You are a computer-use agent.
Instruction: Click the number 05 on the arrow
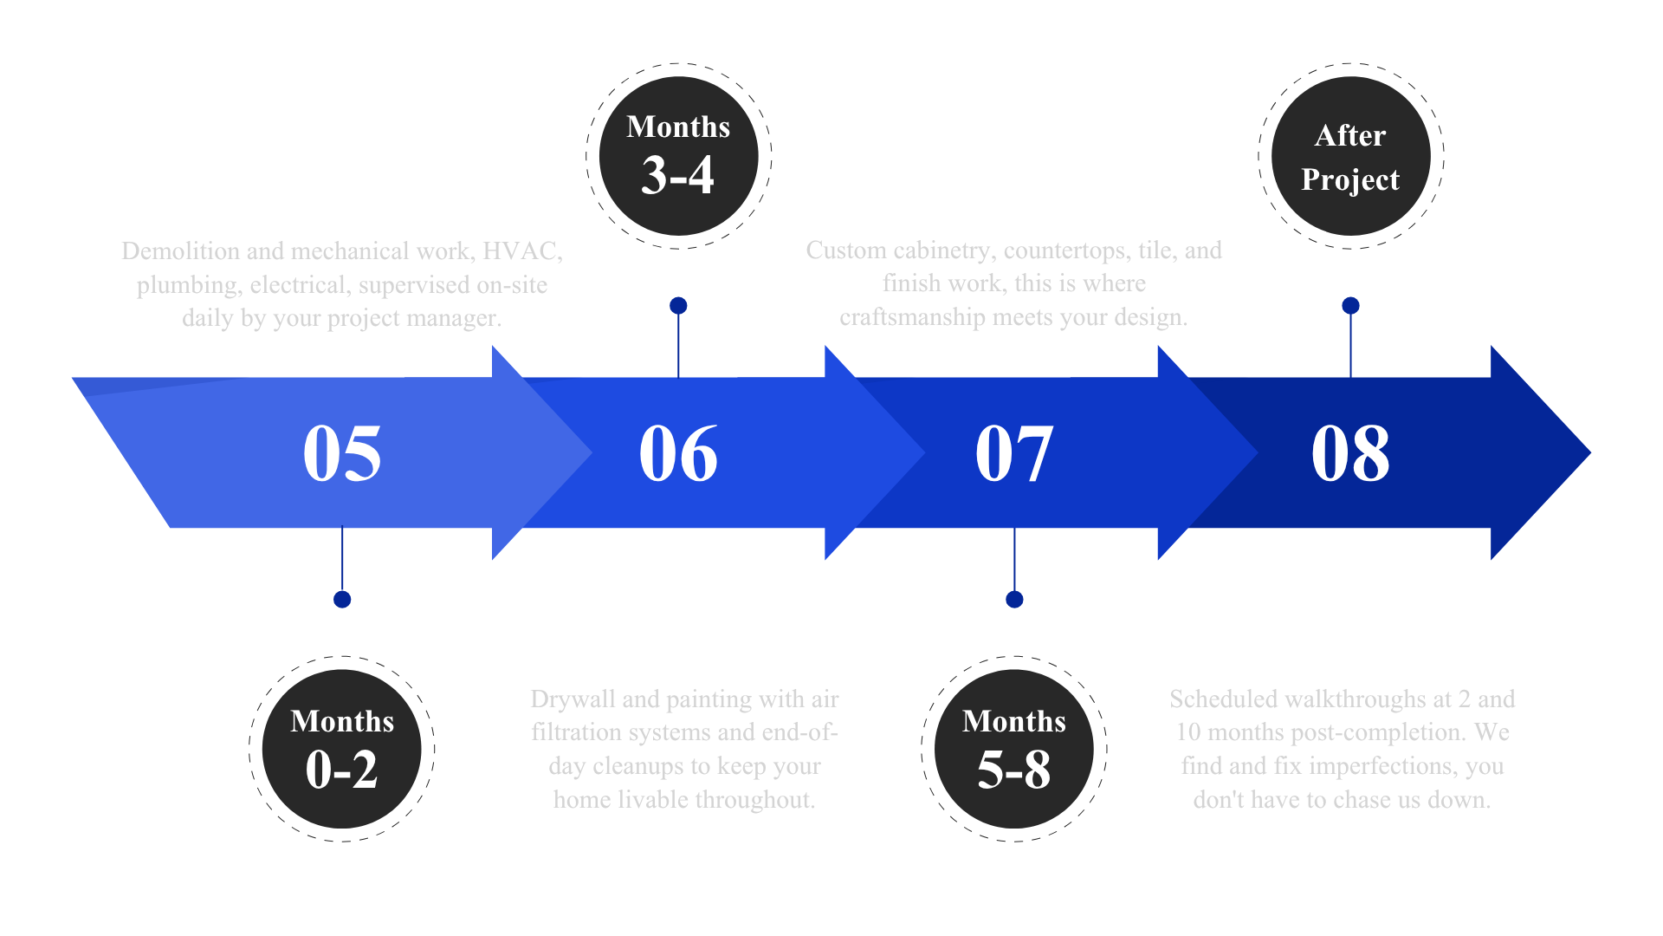[x=342, y=453]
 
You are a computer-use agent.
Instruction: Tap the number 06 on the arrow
[x=678, y=453]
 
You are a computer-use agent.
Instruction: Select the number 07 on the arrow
[x=1014, y=453]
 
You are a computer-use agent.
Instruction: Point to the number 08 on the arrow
[x=1350, y=453]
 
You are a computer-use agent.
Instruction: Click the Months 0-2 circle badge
[x=342, y=748]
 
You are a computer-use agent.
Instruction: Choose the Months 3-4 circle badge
[x=678, y=156]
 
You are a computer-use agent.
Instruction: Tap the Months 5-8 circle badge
[x=1014, y=748]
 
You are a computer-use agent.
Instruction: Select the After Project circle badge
[x=1350, y=156]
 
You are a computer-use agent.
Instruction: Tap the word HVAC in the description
[x=519, y=251]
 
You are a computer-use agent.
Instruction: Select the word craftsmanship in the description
[x=912, y=318]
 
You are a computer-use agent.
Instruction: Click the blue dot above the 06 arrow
[x=678, y=306]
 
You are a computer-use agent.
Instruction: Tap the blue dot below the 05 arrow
[x=342, y=600]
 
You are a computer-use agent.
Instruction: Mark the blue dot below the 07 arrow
[x=1014, y=600]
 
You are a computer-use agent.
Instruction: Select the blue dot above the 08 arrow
[x=1350, y=306]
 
